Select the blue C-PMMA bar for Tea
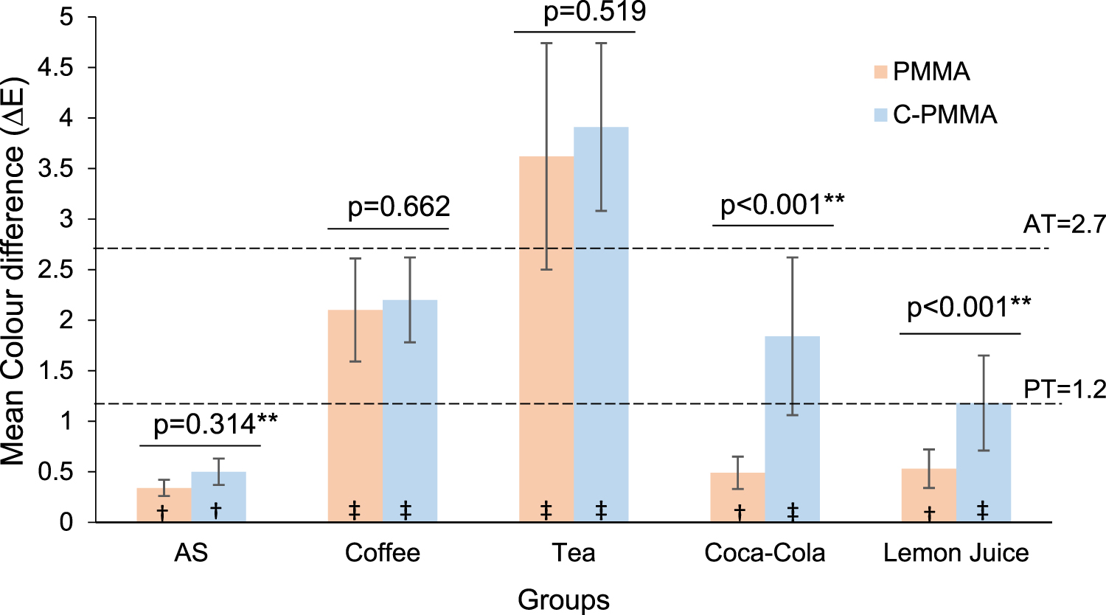pos(601,324)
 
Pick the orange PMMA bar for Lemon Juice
pos(929,495)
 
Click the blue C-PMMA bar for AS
pos(218,496)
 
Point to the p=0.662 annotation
pos(399,206)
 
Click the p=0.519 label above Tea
pos(594,12)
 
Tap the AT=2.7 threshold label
pos(1064,224)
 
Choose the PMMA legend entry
pos(922,72)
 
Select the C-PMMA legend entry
pos(936,114)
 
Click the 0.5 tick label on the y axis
pos(59,472)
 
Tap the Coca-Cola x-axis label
pos(765,553)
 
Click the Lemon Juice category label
pos(956,553)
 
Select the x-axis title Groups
pos(563,600)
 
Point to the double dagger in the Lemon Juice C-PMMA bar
pos(982,510)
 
